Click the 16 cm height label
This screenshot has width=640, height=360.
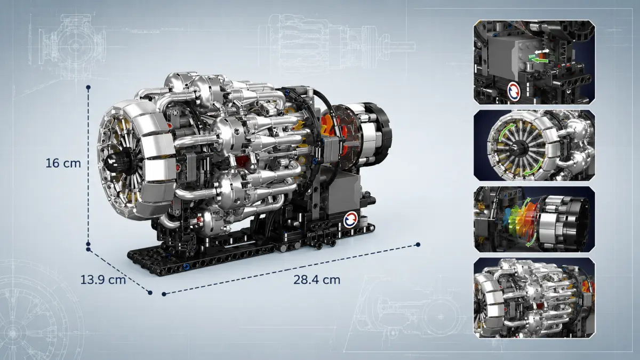point(63,163)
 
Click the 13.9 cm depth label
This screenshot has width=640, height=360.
point(103,279)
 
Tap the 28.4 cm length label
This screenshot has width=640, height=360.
point(317,279)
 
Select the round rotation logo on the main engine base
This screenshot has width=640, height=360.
point(350,220)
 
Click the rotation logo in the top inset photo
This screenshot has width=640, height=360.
point(514,91)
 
